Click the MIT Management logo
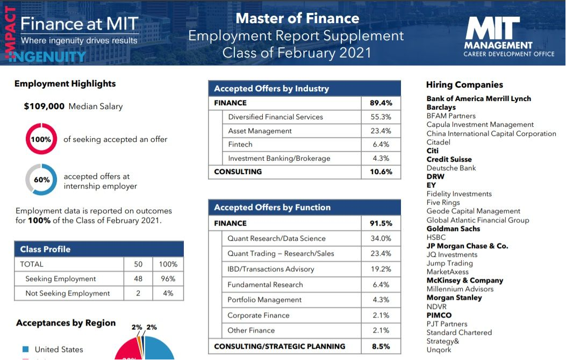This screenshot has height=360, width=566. pos(498,36)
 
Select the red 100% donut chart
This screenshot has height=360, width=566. pos(41,139)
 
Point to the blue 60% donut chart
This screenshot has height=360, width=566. pos(41,179)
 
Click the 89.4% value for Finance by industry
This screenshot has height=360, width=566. pos(381,103)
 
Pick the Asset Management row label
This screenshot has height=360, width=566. pos(260,131)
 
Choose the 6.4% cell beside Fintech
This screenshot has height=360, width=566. pos(381,145)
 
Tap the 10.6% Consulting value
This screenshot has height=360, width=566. pos(381,172)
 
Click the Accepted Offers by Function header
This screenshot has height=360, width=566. pos(272,207)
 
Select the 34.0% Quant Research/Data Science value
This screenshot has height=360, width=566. pos(381,239)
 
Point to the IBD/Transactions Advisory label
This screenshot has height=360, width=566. pos(263,269)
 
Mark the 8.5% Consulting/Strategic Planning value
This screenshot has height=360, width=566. pos(381,347)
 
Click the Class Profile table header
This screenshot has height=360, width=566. pos(45,249)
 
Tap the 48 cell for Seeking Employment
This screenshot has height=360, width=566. pos(138,279)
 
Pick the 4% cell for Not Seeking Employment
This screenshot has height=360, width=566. pos(168,293)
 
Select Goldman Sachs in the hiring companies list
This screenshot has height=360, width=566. pos(454,228)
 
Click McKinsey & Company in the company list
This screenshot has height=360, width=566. pos(464,280)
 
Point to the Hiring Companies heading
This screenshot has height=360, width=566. pos(464,85)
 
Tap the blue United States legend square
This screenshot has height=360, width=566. pos(25,349)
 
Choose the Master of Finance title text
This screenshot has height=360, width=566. pos(297,18)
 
